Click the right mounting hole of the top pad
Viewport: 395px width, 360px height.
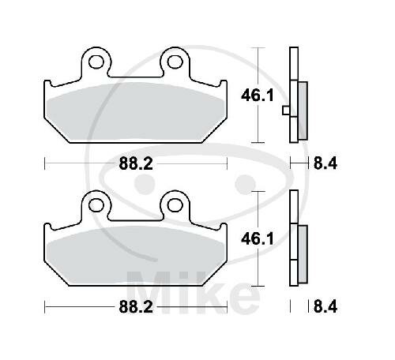[171, 59]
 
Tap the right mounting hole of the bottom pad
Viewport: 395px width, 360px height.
[171, 203]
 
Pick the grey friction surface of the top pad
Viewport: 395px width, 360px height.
[134, 111]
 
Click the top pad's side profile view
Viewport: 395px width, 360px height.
[295, 95]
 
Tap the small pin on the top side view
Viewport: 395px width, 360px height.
[285, 111]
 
